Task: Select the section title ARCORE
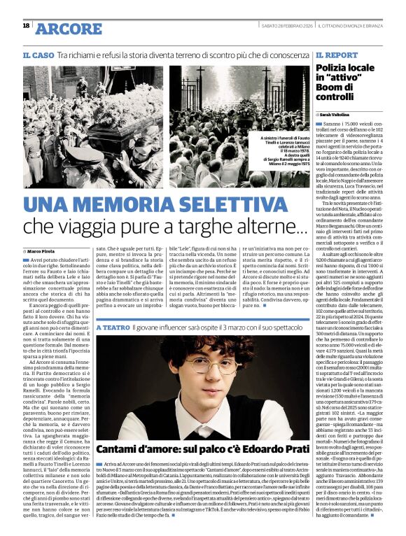68,29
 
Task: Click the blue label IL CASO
37,55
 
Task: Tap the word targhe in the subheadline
211,226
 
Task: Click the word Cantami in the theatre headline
122,449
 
